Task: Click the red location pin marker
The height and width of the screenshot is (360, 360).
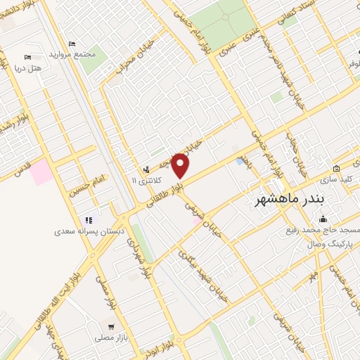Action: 181,165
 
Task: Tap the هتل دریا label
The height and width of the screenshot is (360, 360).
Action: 27,67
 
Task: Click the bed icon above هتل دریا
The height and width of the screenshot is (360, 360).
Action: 27,57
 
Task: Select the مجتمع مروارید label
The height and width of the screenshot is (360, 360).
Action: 70,54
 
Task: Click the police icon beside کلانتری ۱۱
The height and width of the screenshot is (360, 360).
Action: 146,169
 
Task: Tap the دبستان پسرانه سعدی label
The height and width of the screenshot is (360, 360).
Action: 90,231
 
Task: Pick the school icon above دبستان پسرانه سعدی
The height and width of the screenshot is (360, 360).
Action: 89,220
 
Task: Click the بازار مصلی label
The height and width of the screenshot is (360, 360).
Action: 111,338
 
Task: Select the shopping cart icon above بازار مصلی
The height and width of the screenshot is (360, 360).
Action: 111,327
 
